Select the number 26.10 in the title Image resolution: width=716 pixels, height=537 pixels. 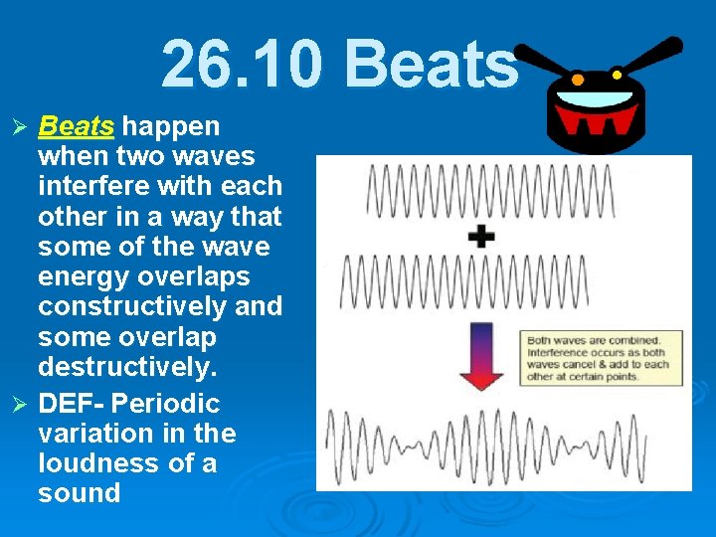pos(243,66)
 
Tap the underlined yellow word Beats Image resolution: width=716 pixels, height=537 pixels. pos(76,126)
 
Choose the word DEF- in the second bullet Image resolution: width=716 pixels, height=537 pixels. pos(73,404)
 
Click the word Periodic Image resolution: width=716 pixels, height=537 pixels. pos(166,404)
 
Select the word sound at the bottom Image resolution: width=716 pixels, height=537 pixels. pos(79,493)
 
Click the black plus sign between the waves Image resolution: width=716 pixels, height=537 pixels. pos(481,236)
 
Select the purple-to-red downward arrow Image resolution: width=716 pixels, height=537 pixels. pos(480,354)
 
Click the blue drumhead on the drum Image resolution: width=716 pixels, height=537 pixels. pos(594,98)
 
